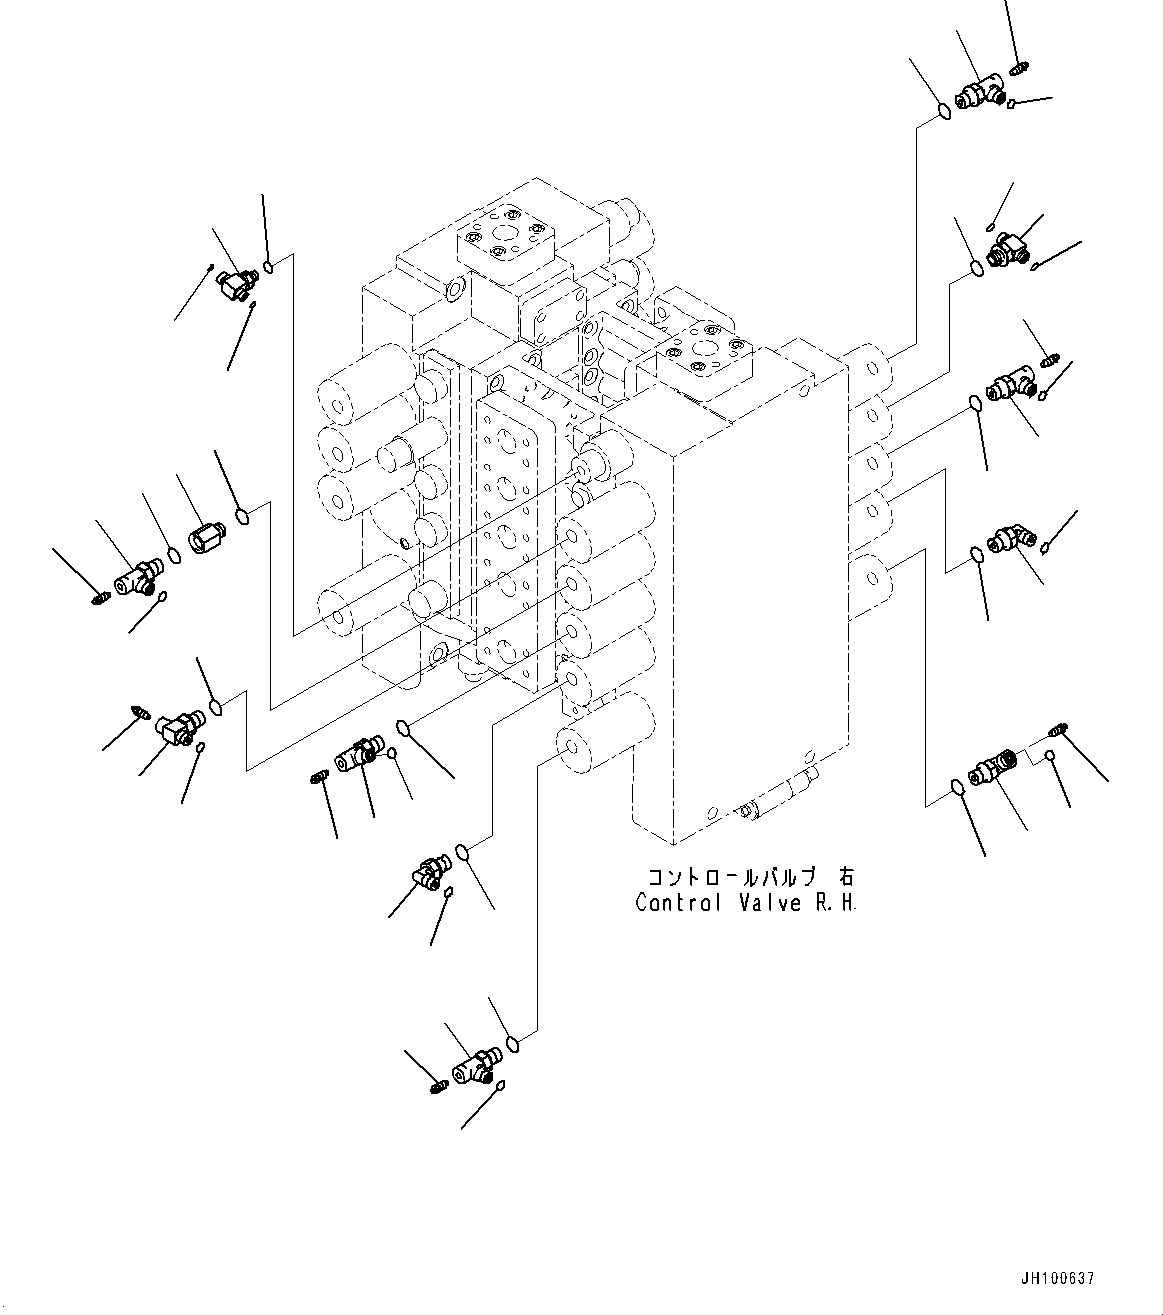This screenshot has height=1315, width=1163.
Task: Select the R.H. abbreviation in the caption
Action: [x=835, y=903]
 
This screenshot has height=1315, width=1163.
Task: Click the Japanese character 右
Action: [x=846, y=877]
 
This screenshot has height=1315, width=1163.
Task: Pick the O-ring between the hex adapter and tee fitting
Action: [x=174, y=554]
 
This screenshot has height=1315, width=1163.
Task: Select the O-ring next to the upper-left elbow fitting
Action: [x=269, y=266]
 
